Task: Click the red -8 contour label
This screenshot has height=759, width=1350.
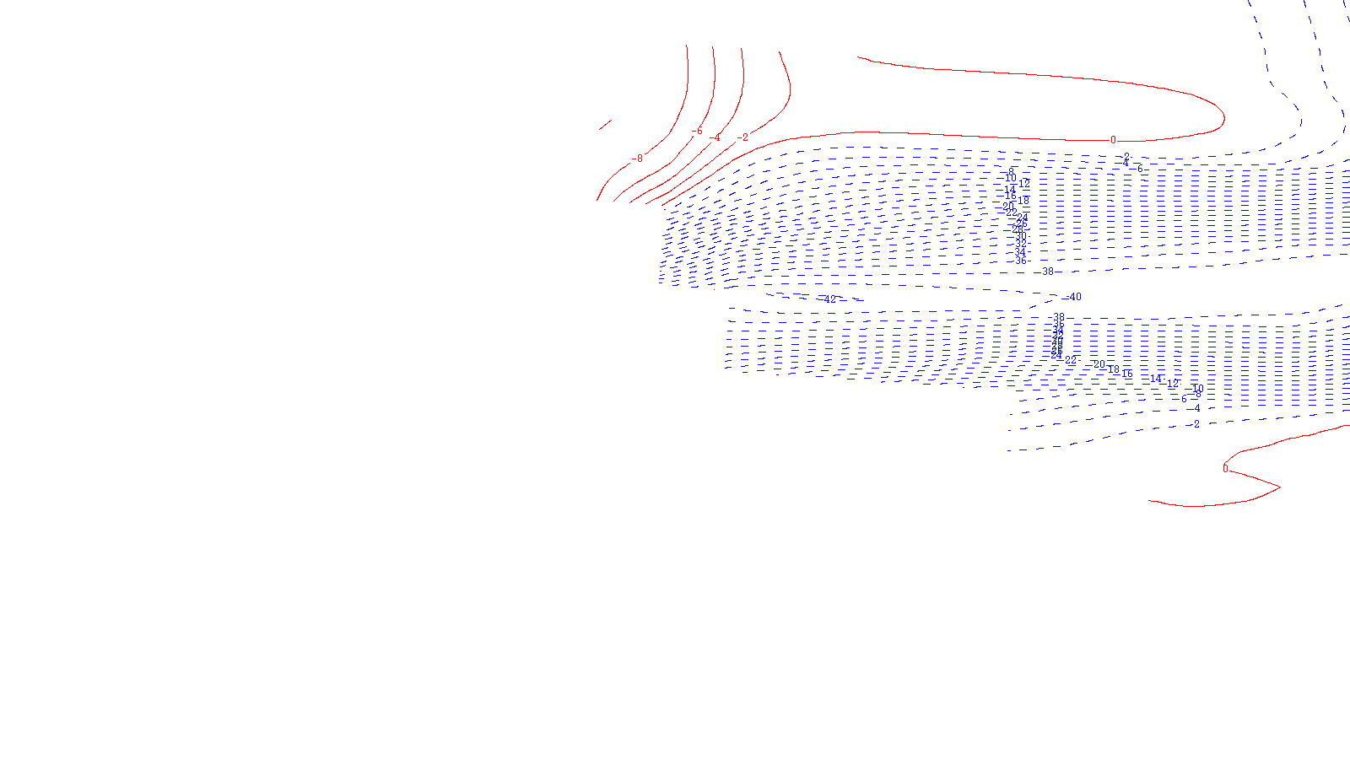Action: (x=638, y=159)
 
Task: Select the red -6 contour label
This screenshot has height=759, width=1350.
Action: (x=697, y=132)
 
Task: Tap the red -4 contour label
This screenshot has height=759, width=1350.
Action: (x=716, y=138)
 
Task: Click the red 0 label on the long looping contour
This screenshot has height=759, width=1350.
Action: (x=1113, y=140)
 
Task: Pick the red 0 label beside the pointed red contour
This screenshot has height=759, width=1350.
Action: (x=1226, y=469)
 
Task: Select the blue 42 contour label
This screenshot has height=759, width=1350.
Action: (x=830, y=299)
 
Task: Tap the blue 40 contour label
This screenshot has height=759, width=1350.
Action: (x=1075, y=297)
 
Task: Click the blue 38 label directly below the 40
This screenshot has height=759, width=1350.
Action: (x=1059, y=318)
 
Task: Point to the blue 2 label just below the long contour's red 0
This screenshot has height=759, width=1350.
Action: (x=1126, y=158)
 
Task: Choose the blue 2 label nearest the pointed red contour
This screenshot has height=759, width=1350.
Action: (x=1196, y=424)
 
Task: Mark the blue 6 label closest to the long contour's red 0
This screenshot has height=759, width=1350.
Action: (x=1139, y=170)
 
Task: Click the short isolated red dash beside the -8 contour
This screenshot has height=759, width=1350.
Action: (x=605, y=125)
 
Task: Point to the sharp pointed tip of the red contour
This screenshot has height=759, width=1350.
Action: (x=1279, y=487)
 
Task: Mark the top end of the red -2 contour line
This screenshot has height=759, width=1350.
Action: (x=779, y=52)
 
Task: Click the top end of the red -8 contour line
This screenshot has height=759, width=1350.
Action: (x=687, y=46)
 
